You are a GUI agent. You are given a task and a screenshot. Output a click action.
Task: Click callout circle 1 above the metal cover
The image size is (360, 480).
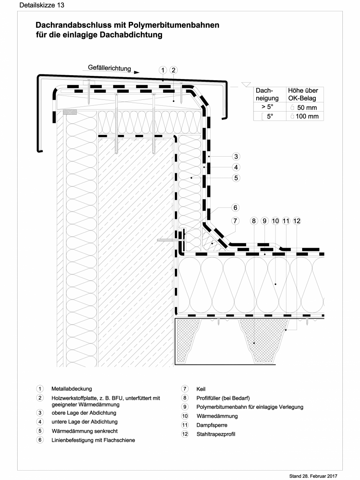163,70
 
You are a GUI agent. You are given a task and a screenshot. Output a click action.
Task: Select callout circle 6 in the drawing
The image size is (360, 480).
236,208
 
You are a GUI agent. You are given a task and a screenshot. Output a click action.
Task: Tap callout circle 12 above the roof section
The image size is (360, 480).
297,221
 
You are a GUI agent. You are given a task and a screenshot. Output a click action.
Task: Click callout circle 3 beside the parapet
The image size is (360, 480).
236,157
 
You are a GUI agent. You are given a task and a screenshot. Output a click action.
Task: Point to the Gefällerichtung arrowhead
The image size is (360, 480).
136,72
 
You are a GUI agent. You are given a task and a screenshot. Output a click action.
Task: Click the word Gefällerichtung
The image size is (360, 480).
109,68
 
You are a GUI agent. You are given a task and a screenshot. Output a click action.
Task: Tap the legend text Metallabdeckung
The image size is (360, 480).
72,389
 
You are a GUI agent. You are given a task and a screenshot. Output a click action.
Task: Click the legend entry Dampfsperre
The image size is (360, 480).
212,425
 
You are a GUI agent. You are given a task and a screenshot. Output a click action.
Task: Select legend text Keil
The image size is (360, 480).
201,389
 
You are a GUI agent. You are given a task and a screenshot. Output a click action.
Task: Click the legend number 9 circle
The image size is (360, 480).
184,407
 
